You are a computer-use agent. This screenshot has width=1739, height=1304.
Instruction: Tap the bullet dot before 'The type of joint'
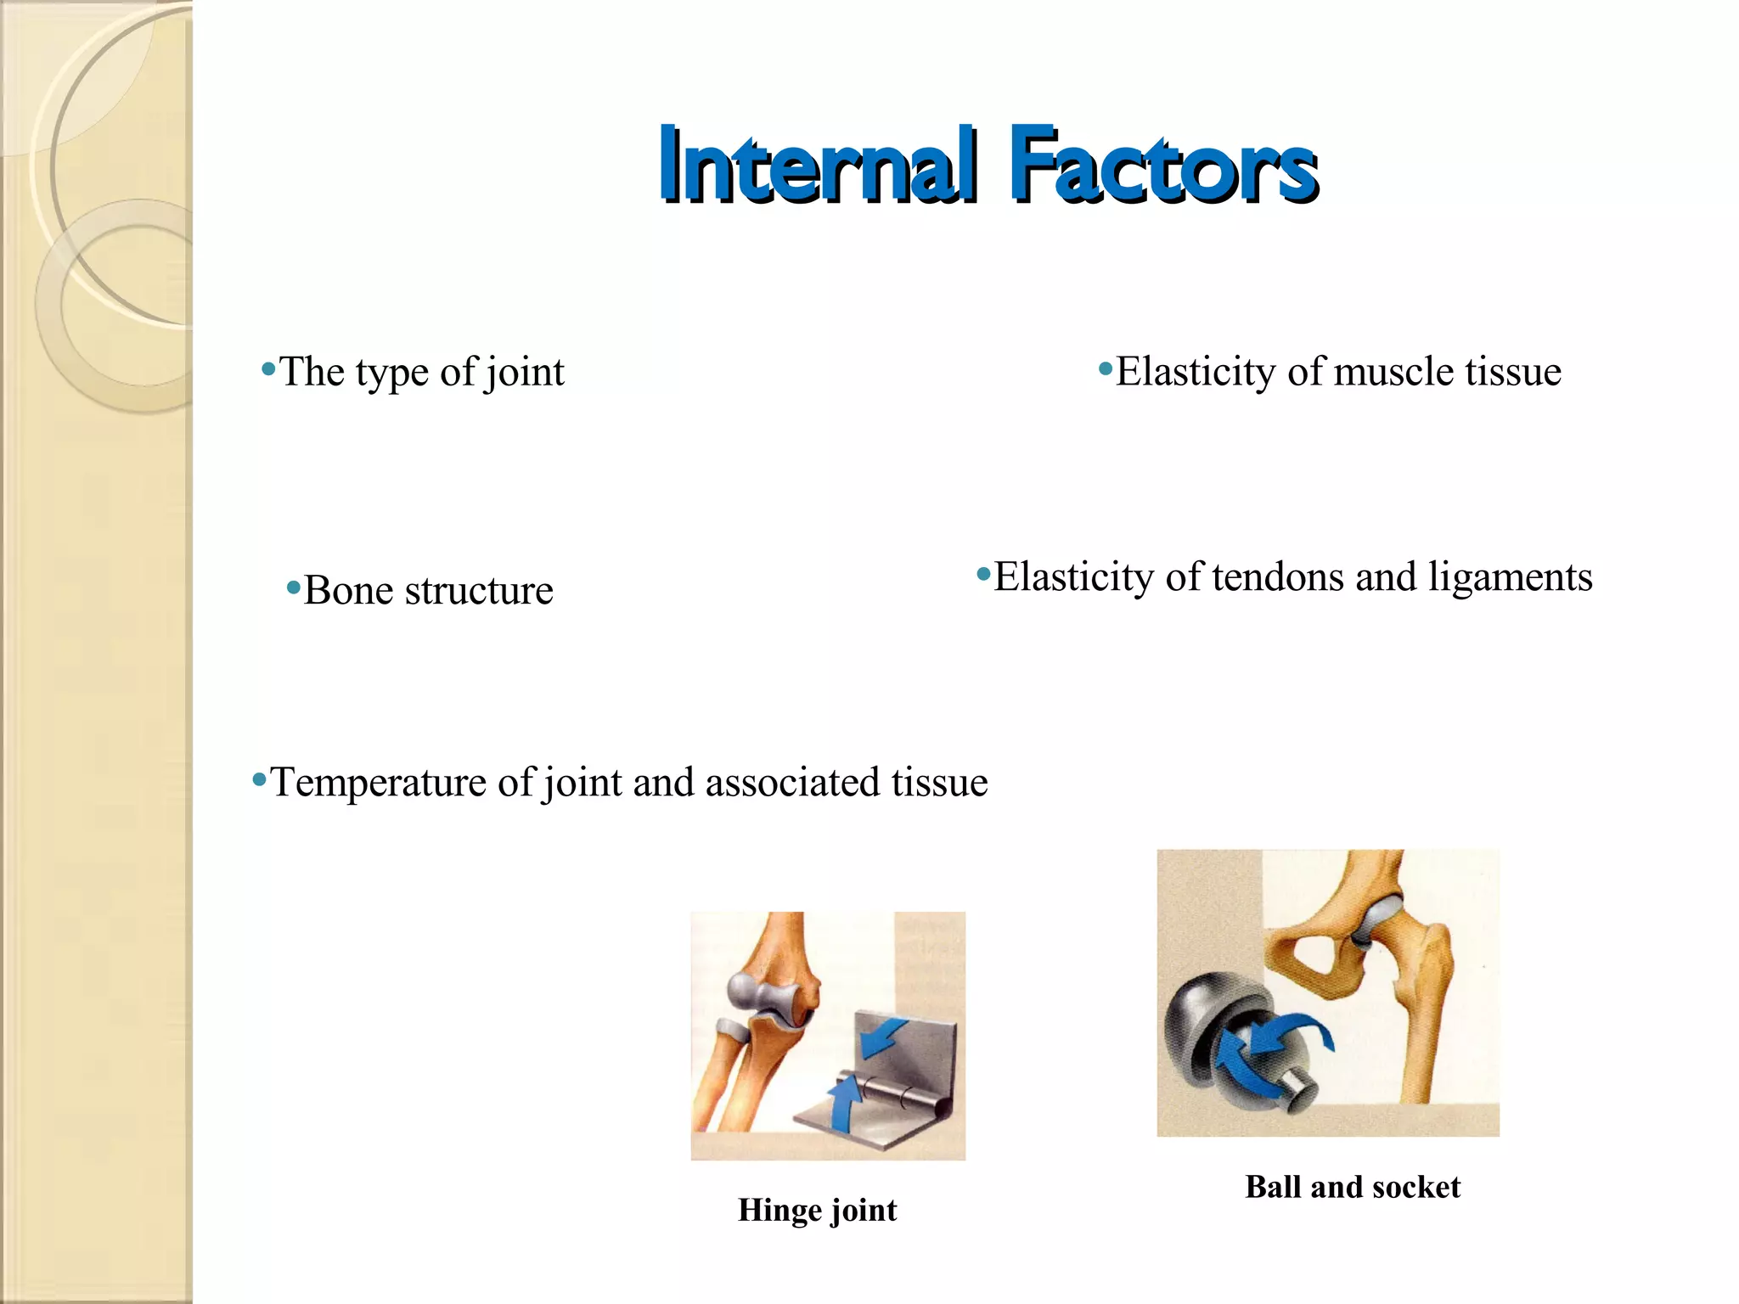(269, 369)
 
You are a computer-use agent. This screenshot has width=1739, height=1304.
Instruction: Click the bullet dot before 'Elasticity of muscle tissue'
(1105, 369)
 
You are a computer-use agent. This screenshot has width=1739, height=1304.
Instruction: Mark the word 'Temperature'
(380, 783)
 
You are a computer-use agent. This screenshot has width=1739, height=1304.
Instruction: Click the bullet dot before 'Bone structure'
(294, 587)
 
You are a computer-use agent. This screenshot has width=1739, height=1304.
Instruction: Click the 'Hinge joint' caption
(817, 1210)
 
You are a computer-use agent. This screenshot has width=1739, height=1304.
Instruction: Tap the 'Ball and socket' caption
(1353, 1187)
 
